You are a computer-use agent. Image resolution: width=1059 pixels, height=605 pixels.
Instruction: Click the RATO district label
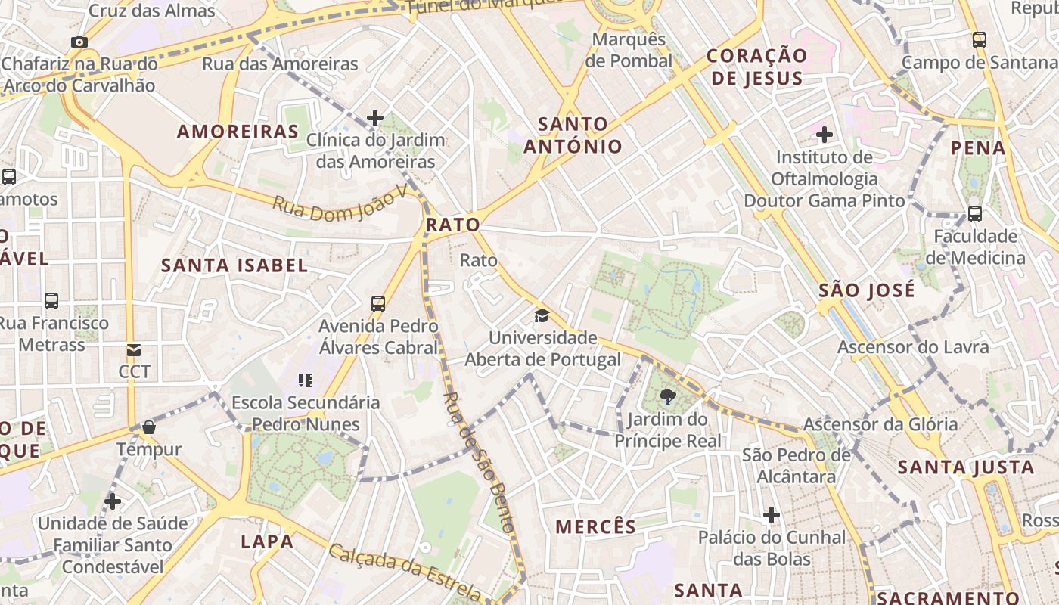tap(452, 225)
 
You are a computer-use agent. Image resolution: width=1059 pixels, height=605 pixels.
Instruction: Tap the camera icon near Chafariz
tap(79, 42)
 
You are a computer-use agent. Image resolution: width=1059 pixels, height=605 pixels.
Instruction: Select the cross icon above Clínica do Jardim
tap(375, 117)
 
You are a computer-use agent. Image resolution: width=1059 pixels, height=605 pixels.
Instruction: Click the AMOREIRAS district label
tap(238, 132)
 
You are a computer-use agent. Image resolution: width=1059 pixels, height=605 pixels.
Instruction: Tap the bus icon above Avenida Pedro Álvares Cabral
tap(378, 304)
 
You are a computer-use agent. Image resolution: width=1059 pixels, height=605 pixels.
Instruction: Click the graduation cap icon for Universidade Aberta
tap(542, 315)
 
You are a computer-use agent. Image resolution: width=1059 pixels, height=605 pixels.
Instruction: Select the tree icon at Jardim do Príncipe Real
tap(667, 396)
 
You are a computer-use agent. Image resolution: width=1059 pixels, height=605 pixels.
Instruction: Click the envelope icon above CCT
tap(134, 350)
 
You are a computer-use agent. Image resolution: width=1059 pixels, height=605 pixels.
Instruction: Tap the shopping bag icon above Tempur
tap(149, 427)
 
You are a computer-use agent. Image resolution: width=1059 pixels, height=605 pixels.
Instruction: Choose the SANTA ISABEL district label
tap(234, 265)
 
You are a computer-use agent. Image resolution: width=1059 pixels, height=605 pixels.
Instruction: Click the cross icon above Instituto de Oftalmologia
tap(825, 135)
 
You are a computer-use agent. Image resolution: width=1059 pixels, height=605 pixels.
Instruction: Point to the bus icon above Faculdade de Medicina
tap(975, 214)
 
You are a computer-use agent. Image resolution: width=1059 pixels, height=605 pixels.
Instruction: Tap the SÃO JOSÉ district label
tap(867, 290)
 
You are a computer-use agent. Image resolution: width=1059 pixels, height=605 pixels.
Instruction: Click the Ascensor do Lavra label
tap(913, 347)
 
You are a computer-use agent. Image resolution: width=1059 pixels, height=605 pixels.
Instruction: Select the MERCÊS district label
tap(596, 527)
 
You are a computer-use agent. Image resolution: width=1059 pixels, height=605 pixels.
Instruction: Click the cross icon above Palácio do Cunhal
tap(772, 515)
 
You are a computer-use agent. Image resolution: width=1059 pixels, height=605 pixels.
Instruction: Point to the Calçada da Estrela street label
tap(404, 569)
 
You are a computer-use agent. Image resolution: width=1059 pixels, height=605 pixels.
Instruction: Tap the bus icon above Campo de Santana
tap(980, 39)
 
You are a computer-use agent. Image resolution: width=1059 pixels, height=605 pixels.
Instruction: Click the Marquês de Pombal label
tap(629, 50)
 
